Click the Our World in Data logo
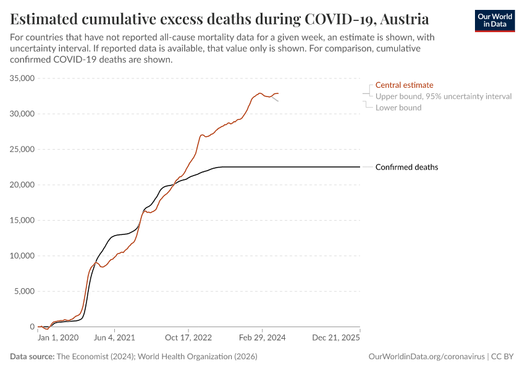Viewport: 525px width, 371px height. (494, 20)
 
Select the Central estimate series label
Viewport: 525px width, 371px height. (404, 85)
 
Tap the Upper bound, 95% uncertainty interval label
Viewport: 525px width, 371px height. (443, 96)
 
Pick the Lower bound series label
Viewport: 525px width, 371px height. (398, 108)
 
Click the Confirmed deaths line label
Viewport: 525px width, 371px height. (406, 167)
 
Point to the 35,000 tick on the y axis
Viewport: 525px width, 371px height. (23, 79)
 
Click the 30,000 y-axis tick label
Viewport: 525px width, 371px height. (23, 114)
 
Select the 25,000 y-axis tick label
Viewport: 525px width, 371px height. (23, 150)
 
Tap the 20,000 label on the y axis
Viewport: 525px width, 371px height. (23, 185)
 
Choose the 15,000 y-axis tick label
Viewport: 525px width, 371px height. (23, 220)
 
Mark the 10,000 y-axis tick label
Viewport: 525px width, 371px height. (23, 256)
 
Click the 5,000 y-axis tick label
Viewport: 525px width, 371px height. (25, 291)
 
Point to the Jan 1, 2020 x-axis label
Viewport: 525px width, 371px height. (58, 338)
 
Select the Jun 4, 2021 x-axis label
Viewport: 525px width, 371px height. (113, 338)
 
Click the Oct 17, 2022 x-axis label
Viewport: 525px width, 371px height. (188, 338)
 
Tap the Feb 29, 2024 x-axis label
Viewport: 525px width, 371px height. (262, 338)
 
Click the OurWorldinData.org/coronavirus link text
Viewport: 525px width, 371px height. (426, 357)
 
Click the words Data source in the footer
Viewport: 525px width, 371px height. (32, 357)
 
